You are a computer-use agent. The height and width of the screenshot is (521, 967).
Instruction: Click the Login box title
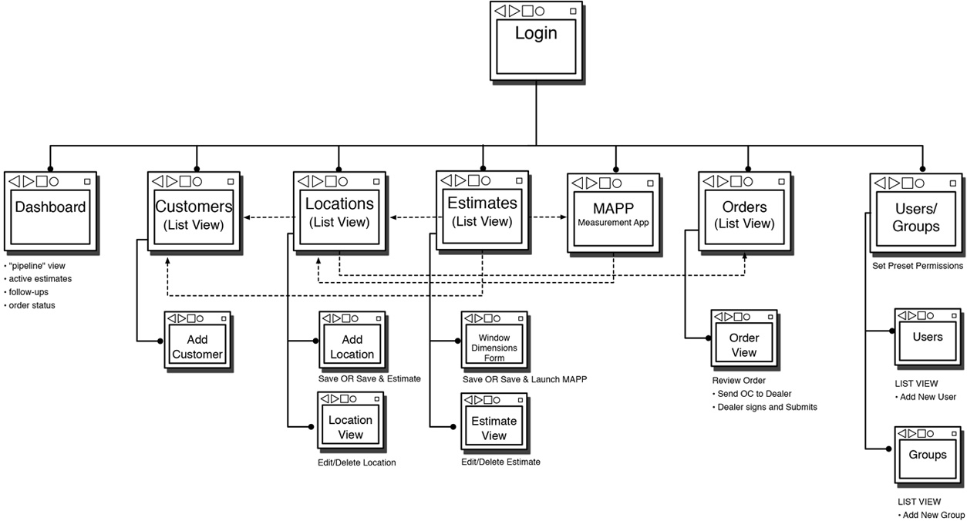(x=535, y=33)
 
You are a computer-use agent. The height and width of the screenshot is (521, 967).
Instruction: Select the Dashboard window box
(x=50, y=212)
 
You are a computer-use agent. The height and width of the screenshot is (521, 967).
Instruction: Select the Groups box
(x=927, y=458)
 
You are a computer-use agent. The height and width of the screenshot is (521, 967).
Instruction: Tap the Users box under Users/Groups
(x=927, y=340)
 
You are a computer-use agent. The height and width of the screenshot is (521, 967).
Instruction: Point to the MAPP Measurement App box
(x=614, y=214)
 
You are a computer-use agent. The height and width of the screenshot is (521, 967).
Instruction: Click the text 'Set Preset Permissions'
(x=917, y=266)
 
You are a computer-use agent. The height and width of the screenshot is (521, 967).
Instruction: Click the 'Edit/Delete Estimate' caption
(x=500, y=462)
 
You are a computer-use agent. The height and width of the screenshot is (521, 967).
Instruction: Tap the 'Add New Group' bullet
(x=932, y=515)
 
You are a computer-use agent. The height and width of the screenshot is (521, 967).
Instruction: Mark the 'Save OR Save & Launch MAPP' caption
(x=524, y=379)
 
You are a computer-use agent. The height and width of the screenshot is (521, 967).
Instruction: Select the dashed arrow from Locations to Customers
(x=268, y=217)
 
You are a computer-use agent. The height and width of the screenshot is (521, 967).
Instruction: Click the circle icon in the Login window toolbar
(x=540, y=11)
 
